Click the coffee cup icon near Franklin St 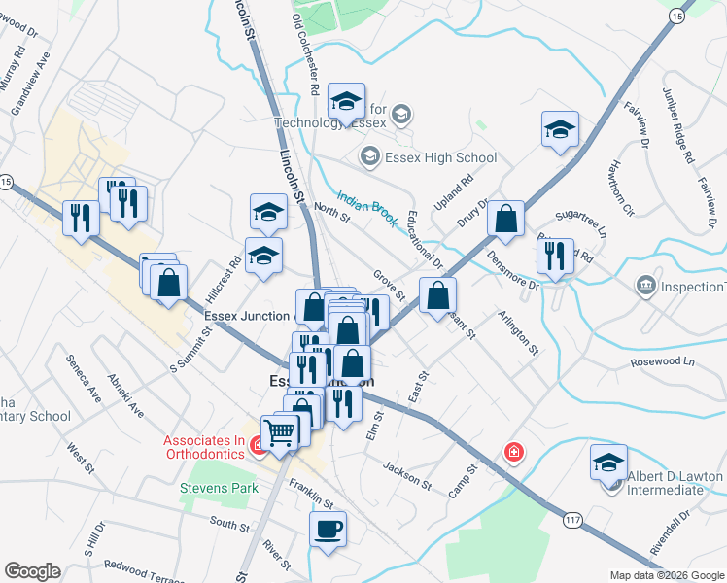point(328,530)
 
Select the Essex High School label point(429,157)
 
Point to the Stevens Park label point(219,487)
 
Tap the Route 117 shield point(572,522)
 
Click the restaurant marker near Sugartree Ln point(554,257)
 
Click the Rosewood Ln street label point(664,361)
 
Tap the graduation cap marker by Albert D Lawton point(608,463)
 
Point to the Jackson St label point(406,473)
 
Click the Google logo point(32,570)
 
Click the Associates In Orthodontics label point(209,445)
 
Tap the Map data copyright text point(667,575)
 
